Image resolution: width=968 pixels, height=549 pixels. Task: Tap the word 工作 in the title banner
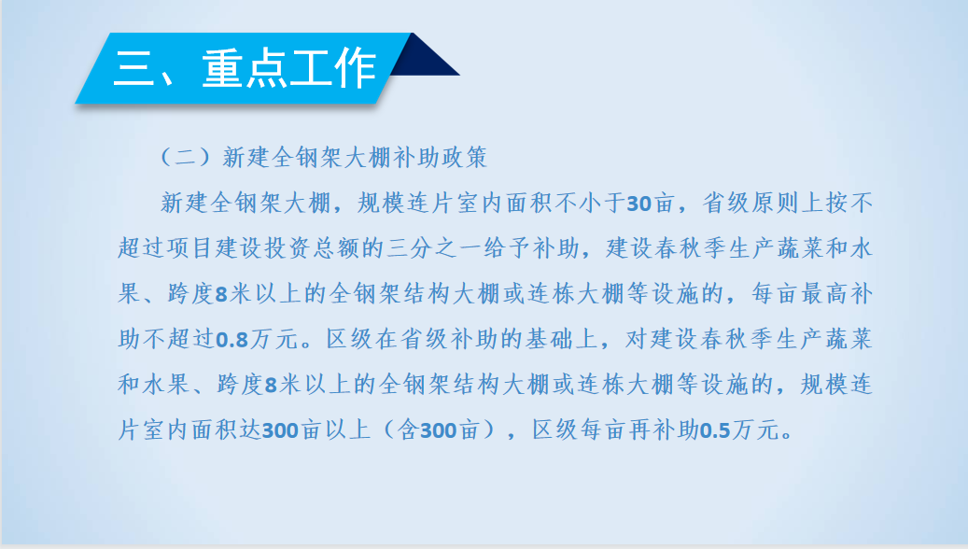click(x=332, y=68)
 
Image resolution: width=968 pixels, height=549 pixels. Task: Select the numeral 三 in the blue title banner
click(x=134, y=68)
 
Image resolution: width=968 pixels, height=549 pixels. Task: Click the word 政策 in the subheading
click(x=462, y=158)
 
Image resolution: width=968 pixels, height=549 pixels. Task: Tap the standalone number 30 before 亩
click(x=638, y=204)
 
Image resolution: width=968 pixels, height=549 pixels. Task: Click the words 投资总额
click(x=313, y=248)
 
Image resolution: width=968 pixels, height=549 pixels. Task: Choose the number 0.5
click(x=715, y=430)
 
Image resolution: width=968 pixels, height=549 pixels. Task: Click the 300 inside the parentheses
click(x=439, y=430)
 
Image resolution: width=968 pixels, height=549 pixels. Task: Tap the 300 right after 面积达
click(x=280, y=430)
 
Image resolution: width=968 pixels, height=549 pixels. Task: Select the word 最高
click(x=824, y=294)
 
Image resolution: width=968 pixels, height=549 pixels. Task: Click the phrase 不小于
click(x=590, y=204)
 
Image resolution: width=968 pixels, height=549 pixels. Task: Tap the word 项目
click(x=191, y=248)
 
